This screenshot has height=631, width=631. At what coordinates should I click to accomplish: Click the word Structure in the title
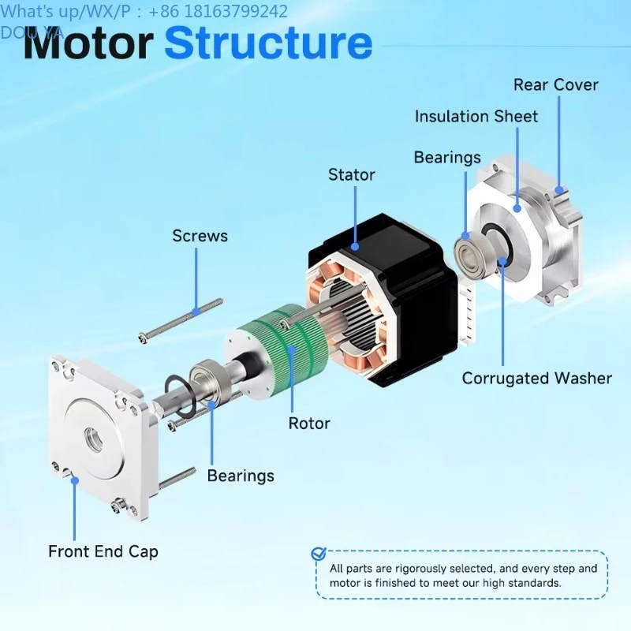(x=268, y=43)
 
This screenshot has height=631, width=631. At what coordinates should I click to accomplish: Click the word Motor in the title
(x=88, y=43)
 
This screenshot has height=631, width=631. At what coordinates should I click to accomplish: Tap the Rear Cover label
(x=556, y=85)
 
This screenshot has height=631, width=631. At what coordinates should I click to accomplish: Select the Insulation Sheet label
(x=476, y=117)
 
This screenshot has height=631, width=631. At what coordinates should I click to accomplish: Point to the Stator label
(x=351, y=174)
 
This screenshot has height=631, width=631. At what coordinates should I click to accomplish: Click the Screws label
(x=200, y=236)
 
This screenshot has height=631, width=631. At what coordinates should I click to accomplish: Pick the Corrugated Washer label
(x=537, y=379)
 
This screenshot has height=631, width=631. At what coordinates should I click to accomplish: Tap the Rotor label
(x=309, y=424)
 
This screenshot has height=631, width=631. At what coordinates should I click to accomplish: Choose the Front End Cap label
(x=103, y=551)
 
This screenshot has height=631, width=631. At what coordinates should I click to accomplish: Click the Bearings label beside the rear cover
(x=447, y=158)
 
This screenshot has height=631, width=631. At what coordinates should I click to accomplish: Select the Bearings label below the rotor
(x=241, y=476)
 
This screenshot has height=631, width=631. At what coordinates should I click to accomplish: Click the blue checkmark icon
(x=319, y=554)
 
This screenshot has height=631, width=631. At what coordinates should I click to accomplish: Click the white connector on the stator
(x=467, y=314)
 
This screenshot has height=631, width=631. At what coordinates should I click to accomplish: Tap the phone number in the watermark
(x=218, y=12)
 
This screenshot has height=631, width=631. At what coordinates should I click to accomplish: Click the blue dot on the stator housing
(x=355, y=246)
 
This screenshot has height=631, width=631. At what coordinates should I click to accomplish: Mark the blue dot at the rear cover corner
(x=559, y=189)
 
